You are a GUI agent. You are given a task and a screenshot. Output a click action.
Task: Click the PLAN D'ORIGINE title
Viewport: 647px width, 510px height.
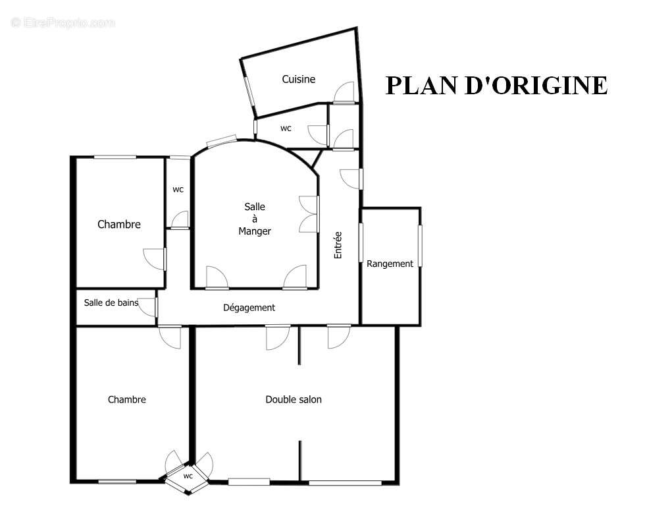[x=496, y=86]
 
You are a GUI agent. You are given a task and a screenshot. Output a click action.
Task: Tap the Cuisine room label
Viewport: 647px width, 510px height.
[x=299, y=79]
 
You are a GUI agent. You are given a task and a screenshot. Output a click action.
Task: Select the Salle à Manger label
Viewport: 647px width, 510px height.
[x=255, y=219]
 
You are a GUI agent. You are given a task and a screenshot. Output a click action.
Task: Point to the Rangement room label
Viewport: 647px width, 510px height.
[x=390, y=264]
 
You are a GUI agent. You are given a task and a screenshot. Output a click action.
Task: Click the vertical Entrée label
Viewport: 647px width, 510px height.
[x=338, y=244]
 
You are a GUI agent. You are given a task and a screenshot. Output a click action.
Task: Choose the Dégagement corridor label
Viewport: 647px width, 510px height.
[x=249, y=308]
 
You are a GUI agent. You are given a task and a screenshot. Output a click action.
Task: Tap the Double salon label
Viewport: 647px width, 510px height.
[x=294, y=399]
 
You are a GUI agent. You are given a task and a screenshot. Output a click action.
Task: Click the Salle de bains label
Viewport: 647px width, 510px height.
[x=111, y=303]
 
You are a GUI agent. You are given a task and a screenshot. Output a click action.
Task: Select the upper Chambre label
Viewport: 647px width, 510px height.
[x=119, y=225]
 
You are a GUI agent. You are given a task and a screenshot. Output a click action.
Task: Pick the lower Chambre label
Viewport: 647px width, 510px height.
[x=127, y=399]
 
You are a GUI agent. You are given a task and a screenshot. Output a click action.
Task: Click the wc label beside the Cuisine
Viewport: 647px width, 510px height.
[x=286, y=128]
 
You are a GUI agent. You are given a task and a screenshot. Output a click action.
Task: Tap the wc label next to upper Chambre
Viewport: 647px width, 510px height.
[x=178, y=190]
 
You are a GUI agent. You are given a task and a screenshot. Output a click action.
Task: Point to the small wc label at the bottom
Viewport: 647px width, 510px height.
[x=188, y=476]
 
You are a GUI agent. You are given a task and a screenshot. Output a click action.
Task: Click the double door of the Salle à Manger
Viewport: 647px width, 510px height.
[x=309, y=214]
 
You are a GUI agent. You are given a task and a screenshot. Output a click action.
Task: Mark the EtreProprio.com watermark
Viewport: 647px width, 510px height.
[x=63, y=23]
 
